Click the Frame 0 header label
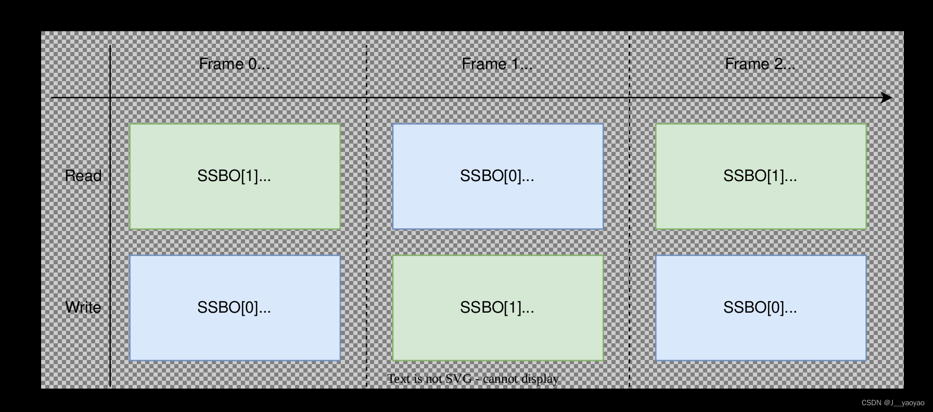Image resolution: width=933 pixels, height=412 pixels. click(234, 64)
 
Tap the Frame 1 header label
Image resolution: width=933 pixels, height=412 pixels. click(497, 64)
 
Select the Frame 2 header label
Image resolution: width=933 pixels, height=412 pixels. click(760, 64)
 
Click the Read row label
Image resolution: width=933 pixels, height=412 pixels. click(83, 176)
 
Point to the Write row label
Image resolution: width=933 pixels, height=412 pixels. click(83, 307)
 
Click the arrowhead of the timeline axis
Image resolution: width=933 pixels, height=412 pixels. click(887, 98)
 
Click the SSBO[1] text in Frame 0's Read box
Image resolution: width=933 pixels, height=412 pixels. click(234, 176)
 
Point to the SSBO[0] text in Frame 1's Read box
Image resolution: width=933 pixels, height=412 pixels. click(497, 176)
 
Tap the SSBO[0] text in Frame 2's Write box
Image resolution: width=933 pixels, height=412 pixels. click(760, 307)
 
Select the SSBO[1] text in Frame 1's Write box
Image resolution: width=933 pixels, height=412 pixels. click(497, 307)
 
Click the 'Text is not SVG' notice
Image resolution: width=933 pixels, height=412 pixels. click(473, 379)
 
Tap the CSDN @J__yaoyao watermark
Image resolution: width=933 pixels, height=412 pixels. click(893, 403)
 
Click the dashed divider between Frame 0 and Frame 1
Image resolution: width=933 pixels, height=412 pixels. click(367, 239)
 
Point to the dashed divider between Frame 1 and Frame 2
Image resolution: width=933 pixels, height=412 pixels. click(630, 239)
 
